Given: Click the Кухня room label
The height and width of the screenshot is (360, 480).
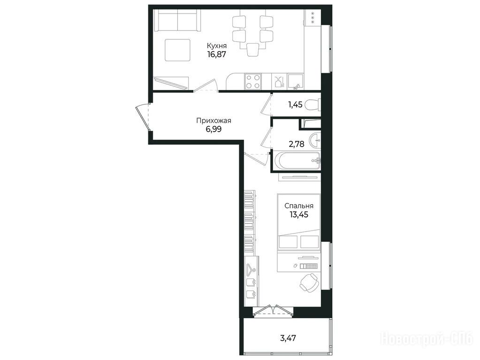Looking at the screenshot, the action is [x=217, y=46].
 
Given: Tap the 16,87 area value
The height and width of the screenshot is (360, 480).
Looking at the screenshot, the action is [x=217, y=55].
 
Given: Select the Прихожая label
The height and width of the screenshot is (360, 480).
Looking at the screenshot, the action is [x=213, y=120].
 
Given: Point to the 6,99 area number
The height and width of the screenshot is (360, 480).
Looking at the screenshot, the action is [x=213, y=129].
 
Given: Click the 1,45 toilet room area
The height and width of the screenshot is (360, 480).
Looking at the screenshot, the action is [x=295, y=105].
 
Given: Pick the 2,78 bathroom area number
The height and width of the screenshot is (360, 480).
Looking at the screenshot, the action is [x=297, y=144].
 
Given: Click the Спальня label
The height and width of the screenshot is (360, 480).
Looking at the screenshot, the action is [x=299, y=206].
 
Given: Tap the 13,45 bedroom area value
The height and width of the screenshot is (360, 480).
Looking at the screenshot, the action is [x=299, y=214].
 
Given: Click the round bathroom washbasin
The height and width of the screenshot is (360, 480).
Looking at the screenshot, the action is [x=315, y=141].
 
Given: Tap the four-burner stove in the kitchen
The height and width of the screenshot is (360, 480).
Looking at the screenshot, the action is [x=253, y=82].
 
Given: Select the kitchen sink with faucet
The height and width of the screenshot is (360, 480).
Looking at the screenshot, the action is [x=296, y=82].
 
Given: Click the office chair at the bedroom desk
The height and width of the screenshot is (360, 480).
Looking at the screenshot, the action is [x=309, y=282].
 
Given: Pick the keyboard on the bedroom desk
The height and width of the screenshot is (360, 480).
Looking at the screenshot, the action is [x=310, y=266].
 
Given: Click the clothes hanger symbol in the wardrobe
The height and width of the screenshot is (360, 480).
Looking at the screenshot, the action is [x=251, y=269].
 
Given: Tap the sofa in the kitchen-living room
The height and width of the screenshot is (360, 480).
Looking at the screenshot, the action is [x=177, y=20].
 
